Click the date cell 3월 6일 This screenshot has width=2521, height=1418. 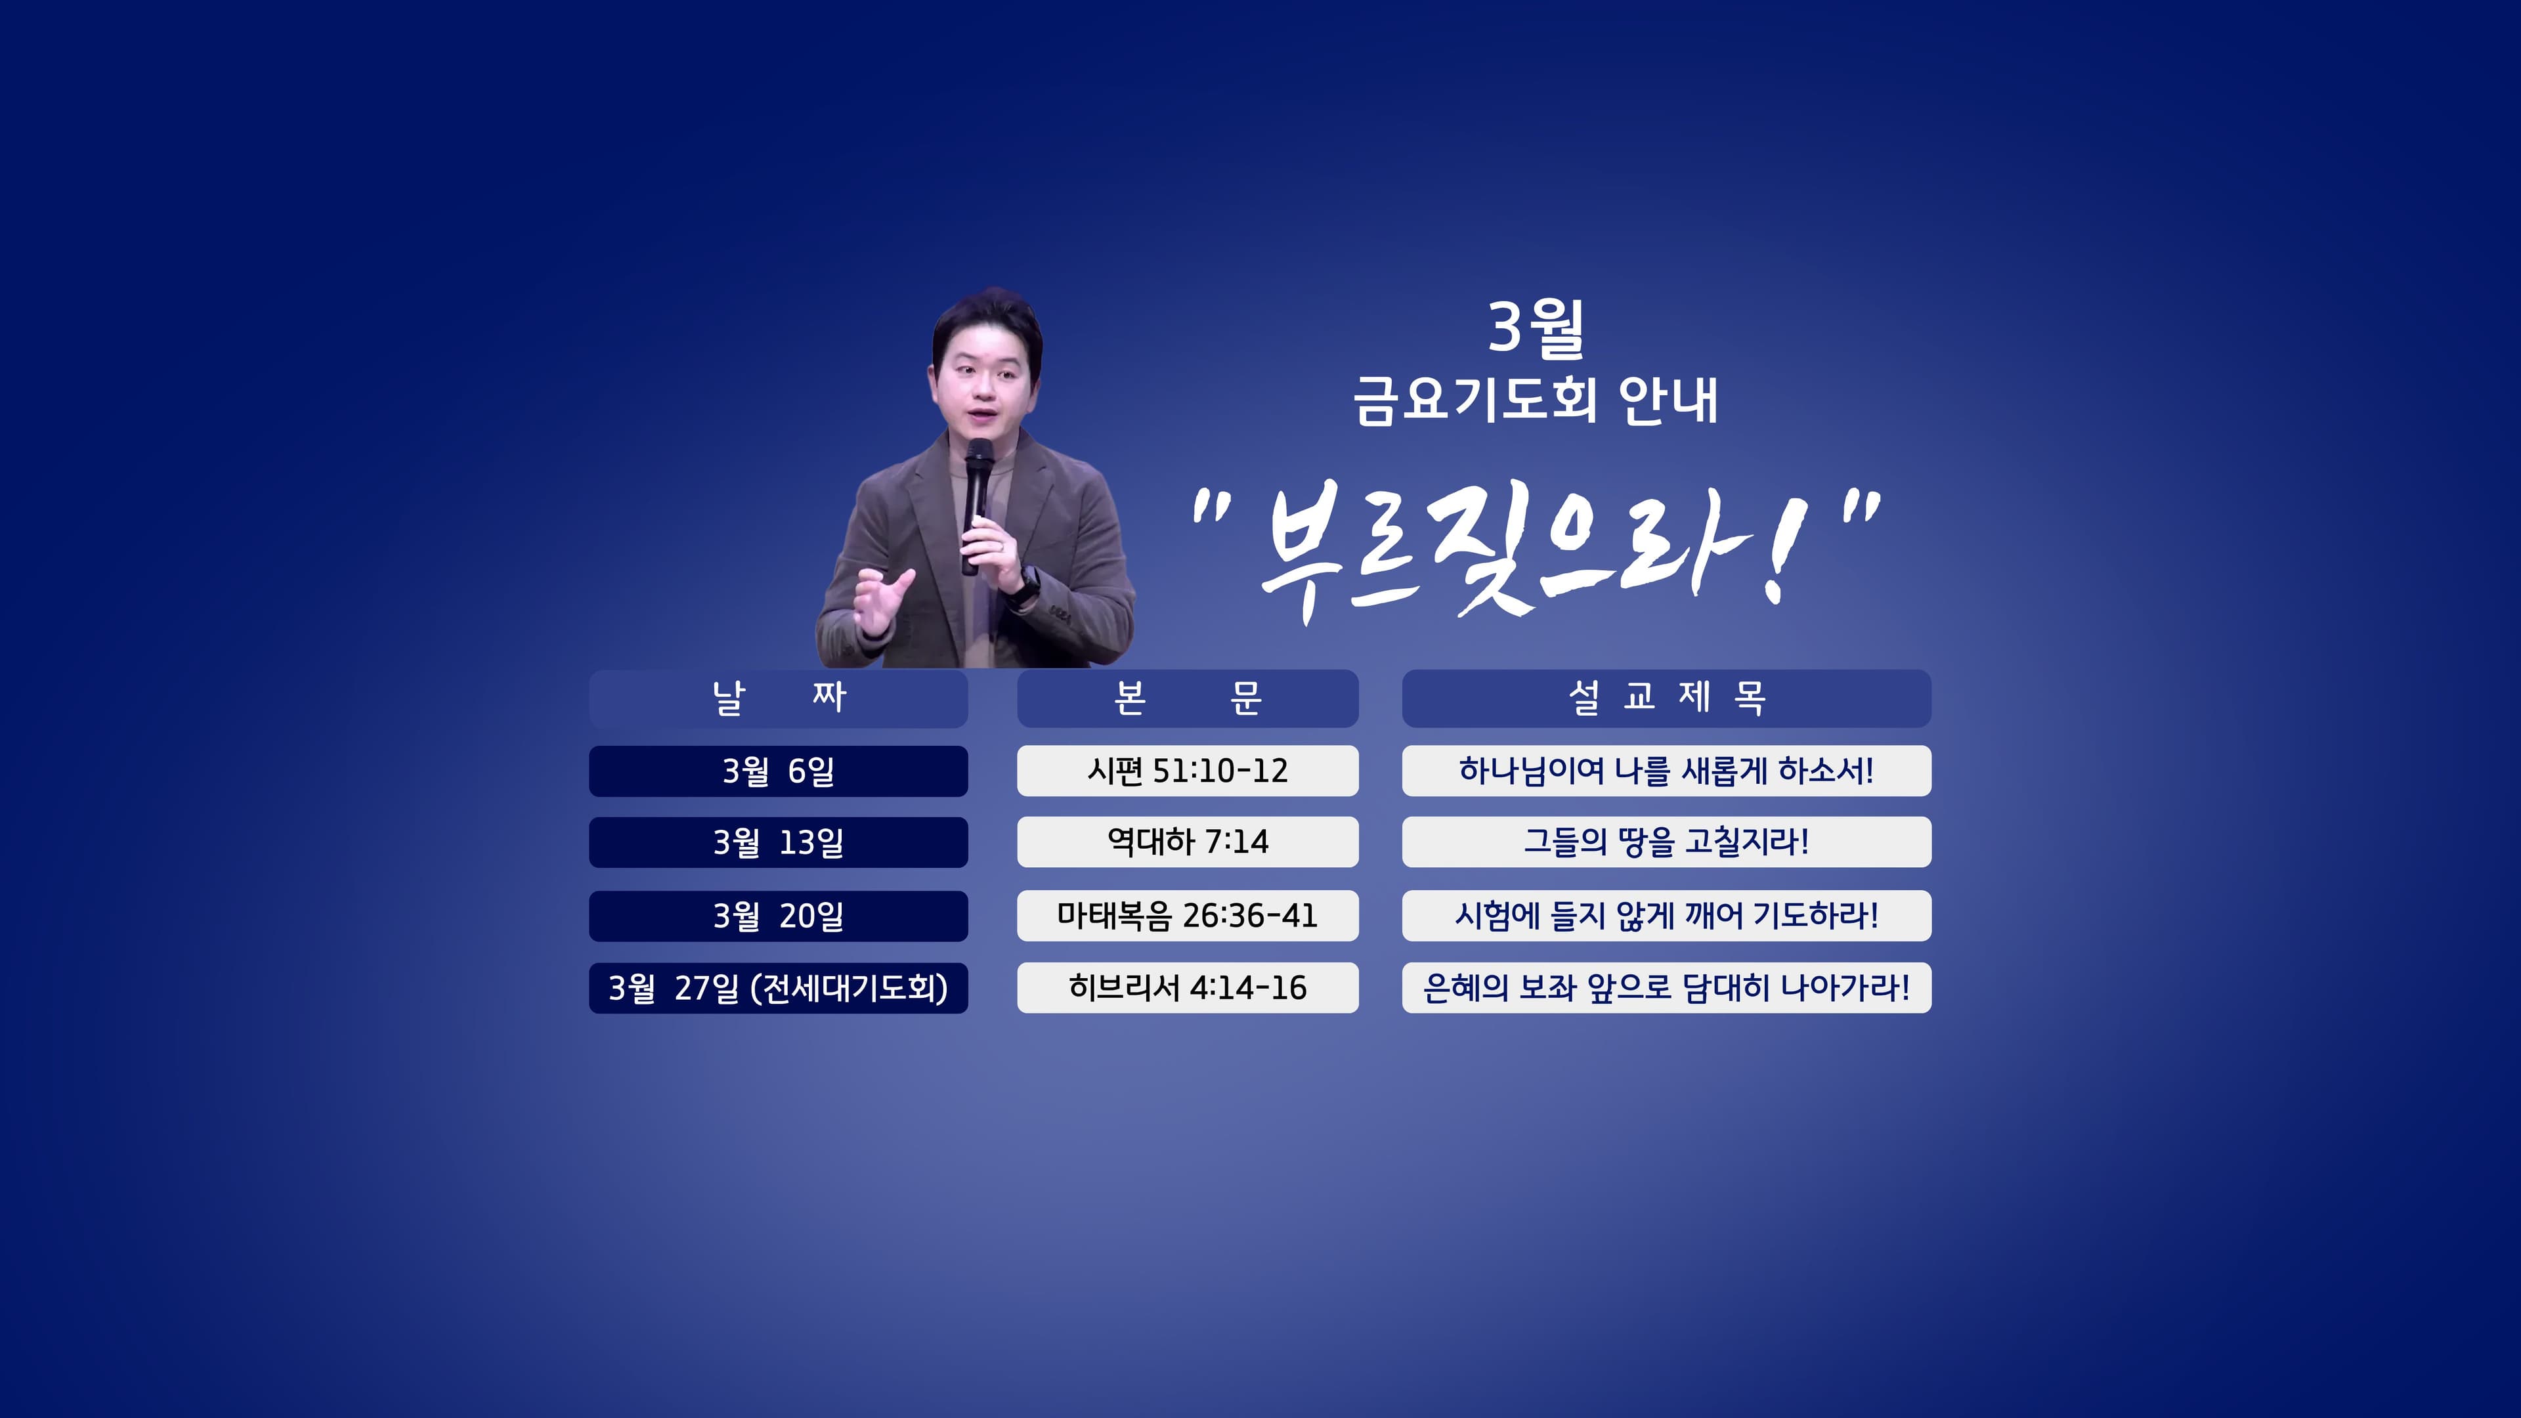point(778,771)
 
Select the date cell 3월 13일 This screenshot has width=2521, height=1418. point(778,842)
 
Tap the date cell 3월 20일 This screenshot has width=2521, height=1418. point(778,916)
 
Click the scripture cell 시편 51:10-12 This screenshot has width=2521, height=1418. point(1187,771)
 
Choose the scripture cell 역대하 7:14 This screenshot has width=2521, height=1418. point(1187,842)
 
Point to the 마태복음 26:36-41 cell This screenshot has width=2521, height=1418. point(1187,916)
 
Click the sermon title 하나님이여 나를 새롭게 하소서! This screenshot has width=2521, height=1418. point(1666,771)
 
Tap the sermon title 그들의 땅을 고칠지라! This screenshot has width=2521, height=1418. point(1666,842)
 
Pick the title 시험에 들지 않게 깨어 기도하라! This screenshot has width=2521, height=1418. point(1666,916)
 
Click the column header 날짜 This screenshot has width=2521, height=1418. point(778,698)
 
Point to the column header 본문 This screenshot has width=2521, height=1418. point(1187,698)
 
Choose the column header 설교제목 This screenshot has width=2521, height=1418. point(1666,698)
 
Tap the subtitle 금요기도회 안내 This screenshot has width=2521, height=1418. point(1536,401)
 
